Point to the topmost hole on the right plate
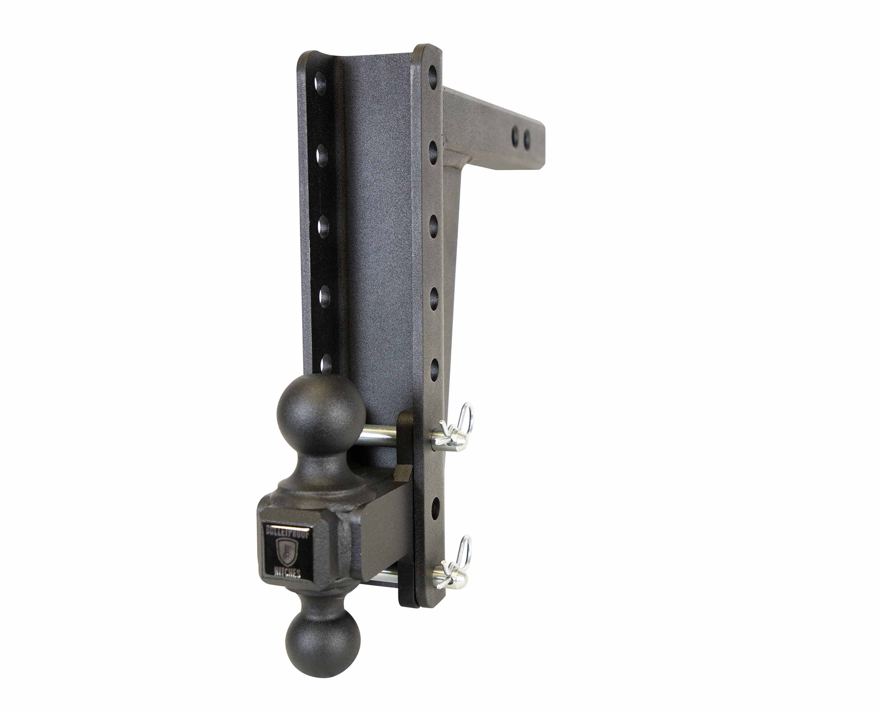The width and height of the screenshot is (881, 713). [x=432, y=75]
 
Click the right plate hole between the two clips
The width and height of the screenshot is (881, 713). [x=435, y=508]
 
